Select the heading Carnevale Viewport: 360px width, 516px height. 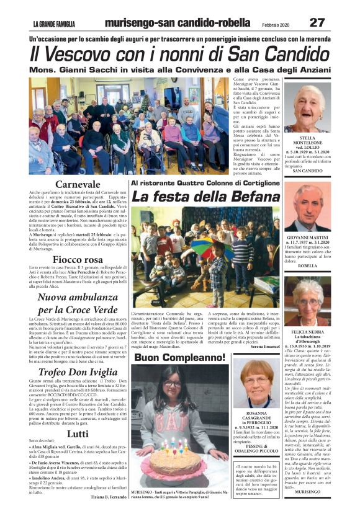77,184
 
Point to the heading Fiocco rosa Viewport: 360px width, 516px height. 78,259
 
